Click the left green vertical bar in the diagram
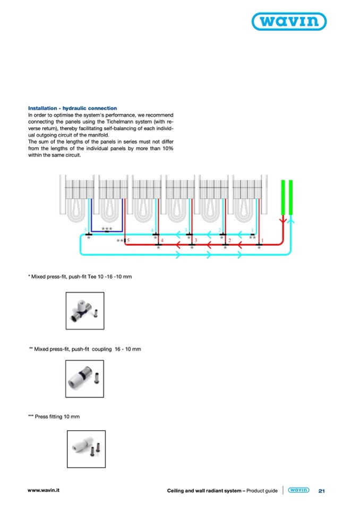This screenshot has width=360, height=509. (x=283, y=196)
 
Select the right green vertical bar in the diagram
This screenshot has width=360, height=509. (x=291, y=196)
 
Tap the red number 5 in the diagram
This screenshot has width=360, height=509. (x=128, y=240)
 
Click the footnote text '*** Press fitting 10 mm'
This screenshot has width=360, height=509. (x=54, y=417)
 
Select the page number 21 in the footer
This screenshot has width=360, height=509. (x=321, y=491)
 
